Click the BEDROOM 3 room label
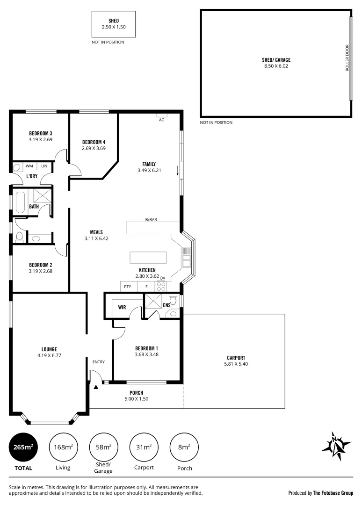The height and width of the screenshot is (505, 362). (40, 133)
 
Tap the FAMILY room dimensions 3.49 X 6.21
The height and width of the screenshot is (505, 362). (149, 170)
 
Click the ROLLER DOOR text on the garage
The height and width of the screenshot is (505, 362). (347, 58)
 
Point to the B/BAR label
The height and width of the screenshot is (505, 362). (151, 219)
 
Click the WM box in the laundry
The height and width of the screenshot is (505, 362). (29, 166)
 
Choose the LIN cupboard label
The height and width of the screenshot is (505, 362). (44, 166)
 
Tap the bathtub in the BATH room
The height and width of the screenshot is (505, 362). (21, 201)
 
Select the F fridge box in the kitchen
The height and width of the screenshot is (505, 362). (146, 287)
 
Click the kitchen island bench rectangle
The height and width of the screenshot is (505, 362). (148, 258)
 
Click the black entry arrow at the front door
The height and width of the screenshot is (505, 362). (96, 387)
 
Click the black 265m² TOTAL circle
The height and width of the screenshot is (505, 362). (23, 447)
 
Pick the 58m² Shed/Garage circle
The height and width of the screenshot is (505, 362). (103, 447)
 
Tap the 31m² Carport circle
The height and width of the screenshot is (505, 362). (144, 447)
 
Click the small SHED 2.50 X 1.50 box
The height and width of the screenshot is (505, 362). (113, 24)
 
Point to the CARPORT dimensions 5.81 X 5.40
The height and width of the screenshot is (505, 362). (236, 364)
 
